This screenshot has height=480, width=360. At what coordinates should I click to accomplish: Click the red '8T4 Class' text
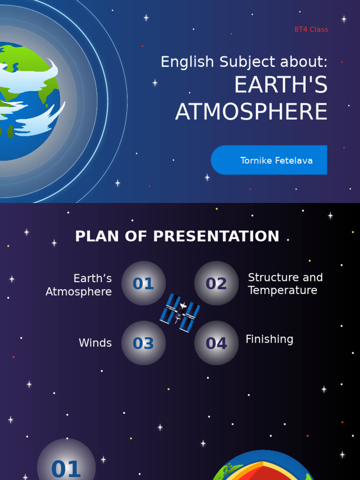(x=311, y=30)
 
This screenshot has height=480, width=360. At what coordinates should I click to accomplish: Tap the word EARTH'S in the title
(x=280, y=85)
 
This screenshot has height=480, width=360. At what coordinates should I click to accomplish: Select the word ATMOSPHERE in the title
(x=251, y=112)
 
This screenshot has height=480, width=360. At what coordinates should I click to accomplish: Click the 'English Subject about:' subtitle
(x=244, y=62)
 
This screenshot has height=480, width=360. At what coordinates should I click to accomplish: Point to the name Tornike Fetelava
(x=276, y=161)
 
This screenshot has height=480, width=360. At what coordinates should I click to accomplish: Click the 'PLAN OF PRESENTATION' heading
(x=177, y=236)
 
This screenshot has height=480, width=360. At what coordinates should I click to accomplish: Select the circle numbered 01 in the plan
(x=143, y=283)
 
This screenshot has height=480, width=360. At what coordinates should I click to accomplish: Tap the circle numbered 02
(x=217, y=283)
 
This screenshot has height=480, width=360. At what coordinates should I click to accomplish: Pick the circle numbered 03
(x=143, y=343)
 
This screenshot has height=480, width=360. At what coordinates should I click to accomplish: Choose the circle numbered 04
(x=217, y=343)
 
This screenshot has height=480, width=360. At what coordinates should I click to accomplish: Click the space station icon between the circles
(x=180, y=313)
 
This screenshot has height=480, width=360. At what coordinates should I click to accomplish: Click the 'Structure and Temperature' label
(x=285, y=284)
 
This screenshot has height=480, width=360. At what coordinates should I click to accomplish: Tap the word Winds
(x=95, y=343)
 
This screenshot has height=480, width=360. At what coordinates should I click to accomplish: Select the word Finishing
(x=270, y=339)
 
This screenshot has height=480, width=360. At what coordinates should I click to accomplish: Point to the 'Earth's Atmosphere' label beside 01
(x=79, y=285)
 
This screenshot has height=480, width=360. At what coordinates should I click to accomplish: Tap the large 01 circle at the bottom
(x=66, y=464)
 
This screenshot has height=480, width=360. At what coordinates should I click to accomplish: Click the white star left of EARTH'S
(x=155, y=83)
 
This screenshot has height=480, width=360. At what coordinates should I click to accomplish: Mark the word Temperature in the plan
(x=283, y=291)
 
